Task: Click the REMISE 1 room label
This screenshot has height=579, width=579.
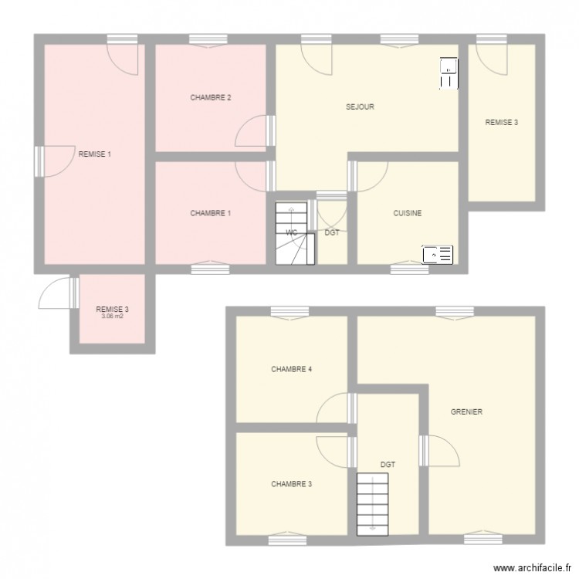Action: (x=95, y=154)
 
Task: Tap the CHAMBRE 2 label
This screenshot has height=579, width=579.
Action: (x=212, y=97)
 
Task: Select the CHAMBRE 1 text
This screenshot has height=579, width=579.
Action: (x=212, y=213)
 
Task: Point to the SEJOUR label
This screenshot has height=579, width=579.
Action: (x=360, y=107)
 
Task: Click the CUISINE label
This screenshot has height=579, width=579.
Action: (x=407, y=213)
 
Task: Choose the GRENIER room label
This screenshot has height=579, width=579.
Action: (x=466, y=412)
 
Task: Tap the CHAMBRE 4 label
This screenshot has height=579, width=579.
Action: (x=291, y=369)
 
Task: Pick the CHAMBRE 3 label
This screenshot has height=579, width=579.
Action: (x=291, y=484)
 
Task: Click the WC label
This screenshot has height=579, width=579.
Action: (x=292, y=232)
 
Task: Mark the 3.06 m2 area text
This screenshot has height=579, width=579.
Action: (x=112, y=317)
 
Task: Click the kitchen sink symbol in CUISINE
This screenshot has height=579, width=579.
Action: (x=437, y=254)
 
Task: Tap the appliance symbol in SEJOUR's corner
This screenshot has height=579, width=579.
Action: (x=448, y=73)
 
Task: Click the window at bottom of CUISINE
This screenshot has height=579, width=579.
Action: (x=409, y=269)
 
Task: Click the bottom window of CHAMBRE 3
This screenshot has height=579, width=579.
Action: (x=287, y=538)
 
